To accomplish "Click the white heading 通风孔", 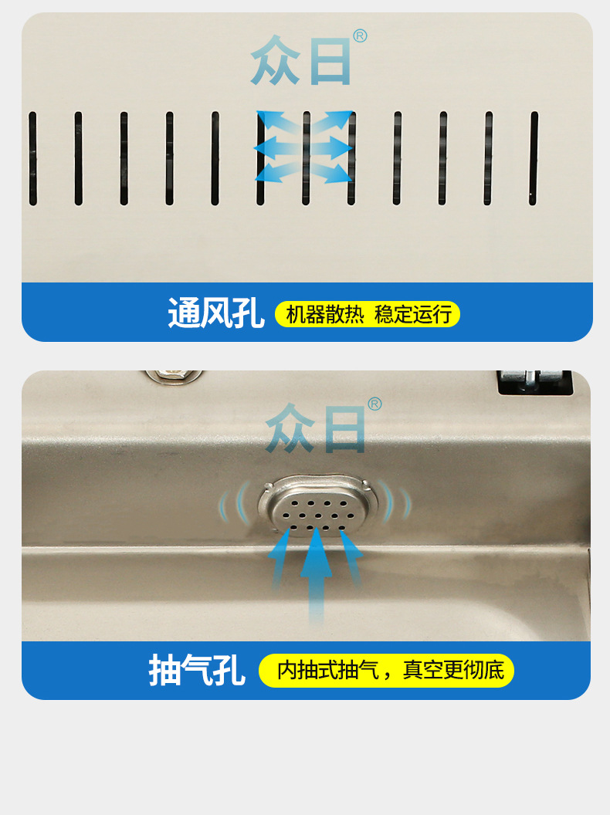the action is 215,313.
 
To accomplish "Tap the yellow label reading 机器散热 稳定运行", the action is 368,314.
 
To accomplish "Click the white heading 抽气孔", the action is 197,671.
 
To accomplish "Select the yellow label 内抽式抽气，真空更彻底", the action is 386,671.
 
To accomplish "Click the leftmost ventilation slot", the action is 32,158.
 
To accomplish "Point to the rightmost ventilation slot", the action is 534,158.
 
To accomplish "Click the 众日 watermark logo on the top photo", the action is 301,60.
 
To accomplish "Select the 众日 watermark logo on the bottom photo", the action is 316,428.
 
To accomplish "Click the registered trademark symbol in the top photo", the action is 360,36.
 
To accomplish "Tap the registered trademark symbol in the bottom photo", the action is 374,404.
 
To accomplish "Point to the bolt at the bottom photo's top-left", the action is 173,376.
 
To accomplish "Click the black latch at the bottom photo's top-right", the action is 534,381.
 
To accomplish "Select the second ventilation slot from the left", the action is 79,158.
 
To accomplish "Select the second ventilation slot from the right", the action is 488,158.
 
